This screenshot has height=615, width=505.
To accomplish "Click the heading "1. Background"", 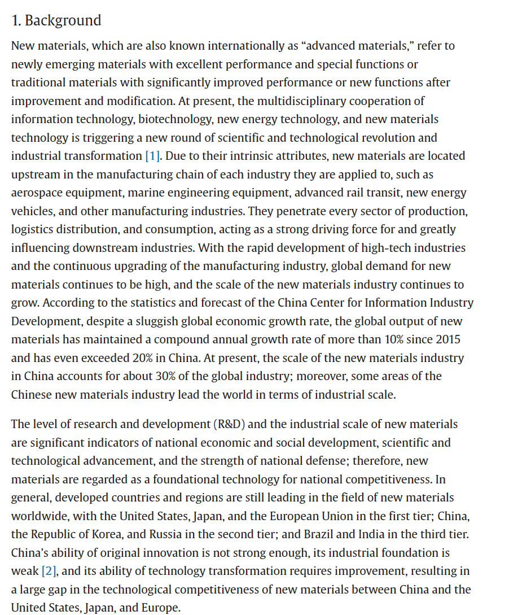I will [x=56, y=20].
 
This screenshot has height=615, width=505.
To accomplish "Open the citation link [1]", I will [x=152, y=156].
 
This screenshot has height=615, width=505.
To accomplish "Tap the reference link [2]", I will [x=50, y=571].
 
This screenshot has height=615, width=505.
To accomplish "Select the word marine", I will [x=144, y=193].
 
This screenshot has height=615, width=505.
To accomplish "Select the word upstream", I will [x=36, y=175].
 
